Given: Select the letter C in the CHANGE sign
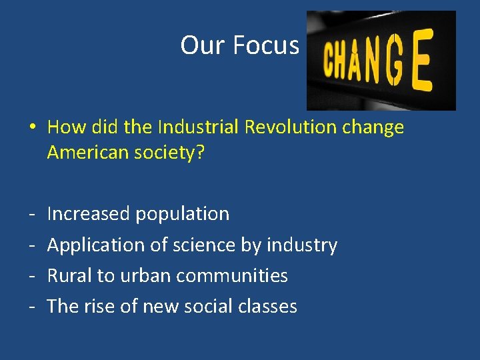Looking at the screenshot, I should [x=329, y=61].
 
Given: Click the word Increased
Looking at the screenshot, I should [x=89, y=214].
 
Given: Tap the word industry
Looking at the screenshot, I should [x=301, y=245].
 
